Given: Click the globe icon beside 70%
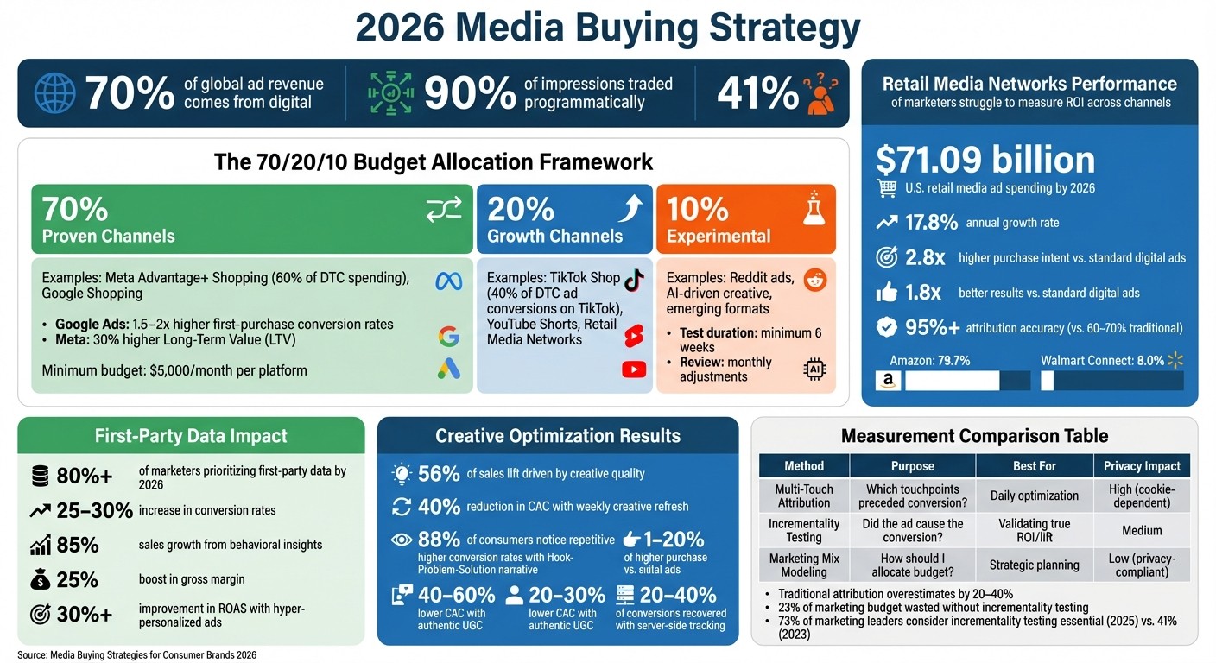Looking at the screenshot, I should point(55,93).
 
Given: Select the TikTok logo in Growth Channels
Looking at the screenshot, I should point(634,279).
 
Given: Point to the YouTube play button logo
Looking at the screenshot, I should point(634,369).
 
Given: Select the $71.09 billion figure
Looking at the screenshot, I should point(985,160).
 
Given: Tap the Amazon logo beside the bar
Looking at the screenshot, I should point(887,380).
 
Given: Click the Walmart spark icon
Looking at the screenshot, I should point(1175,359).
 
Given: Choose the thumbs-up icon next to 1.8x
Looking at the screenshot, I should point(887,293).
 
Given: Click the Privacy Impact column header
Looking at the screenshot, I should point(1142,466).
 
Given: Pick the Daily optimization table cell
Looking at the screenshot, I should point(1035,496).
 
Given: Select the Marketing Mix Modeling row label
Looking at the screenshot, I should point(804,565).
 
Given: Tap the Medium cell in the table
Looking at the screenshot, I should point(1142,530).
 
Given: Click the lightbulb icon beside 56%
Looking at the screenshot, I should point(402,473).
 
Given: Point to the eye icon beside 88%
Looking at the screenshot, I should point(402,540).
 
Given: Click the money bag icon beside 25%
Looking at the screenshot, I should point(40,579).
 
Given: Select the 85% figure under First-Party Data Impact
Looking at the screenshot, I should point(78,545).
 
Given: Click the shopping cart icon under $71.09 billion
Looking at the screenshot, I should point(887,188).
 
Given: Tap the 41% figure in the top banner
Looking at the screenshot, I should point(757,93).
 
